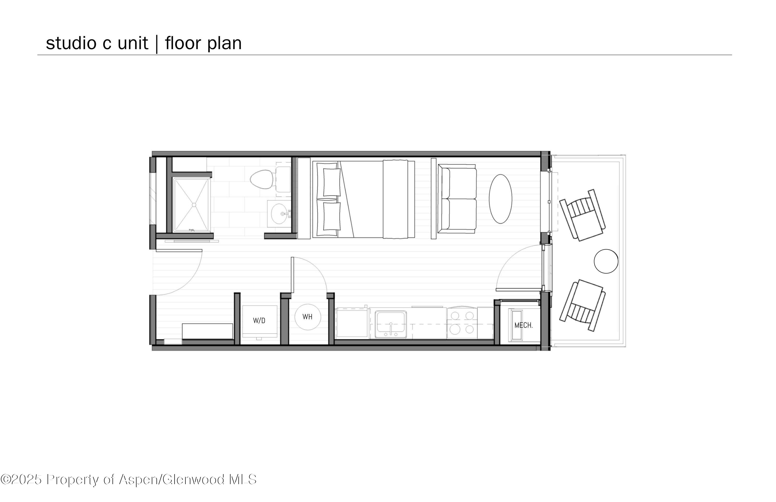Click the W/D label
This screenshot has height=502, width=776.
[x=259, y=321]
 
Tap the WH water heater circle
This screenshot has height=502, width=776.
[x=308, y=317]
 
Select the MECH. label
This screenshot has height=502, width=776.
[x=523, y=325]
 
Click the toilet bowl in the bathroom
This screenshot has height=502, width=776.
[x=262, y=179]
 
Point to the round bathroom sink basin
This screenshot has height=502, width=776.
[x=279, y=214]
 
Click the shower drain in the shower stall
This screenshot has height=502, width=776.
[x=194, y=205]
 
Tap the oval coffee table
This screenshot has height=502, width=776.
[x=501, y=199]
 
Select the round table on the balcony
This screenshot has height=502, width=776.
[x=606, y=261]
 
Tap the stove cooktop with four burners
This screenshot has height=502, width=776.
[x=462, y=323]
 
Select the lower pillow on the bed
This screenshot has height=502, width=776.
[x=332, y=216]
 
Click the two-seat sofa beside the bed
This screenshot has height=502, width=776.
[x=457, y=199]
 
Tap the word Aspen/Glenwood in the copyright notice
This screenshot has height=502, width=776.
[x=172, y=479]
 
